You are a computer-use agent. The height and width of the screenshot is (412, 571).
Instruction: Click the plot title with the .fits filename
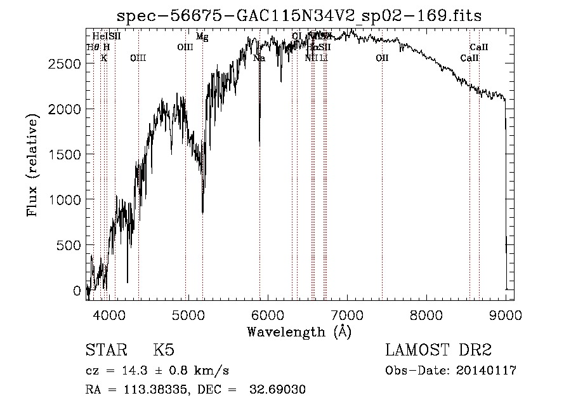click(x=300, y=16)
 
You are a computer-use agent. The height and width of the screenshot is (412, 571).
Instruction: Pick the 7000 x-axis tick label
click(x=347, y=314)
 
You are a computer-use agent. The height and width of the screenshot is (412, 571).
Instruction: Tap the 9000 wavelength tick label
click(x=506, y=314)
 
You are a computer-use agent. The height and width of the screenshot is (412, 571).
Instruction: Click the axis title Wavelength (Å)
click(x=299, y=331)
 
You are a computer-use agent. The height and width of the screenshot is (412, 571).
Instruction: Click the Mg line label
click(x=202, y=37)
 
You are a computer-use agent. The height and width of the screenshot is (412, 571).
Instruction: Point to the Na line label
click(x=259, y=58)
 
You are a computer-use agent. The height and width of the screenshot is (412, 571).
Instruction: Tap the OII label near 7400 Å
click(x=381, y=58)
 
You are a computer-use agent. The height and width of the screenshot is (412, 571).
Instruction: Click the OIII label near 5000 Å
click(x=185, y=47)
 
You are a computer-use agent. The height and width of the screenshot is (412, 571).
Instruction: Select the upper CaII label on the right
click(x=478, y=47)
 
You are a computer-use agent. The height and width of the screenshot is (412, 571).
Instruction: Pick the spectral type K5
click(x=164, y=350)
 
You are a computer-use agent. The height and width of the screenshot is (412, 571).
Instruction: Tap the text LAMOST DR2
click(x=438, y=350)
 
